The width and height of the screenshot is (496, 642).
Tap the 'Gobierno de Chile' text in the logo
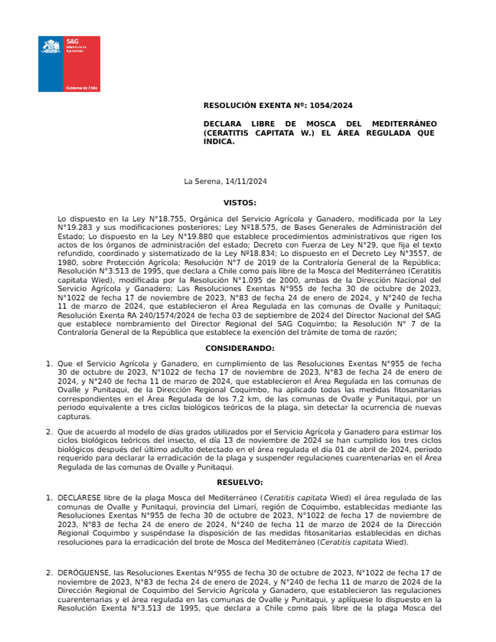point(82,88)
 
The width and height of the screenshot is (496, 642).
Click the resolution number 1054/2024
point(331,105)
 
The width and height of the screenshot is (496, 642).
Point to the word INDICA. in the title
point(219,142)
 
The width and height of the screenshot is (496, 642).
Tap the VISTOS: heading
point(240,203)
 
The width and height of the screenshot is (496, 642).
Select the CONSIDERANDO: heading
point(240,348)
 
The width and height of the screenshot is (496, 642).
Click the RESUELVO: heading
point(240,481)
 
